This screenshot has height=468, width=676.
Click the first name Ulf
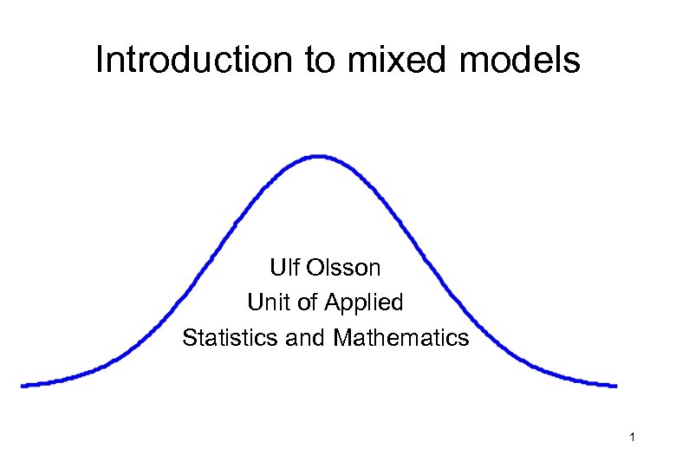[283, 267]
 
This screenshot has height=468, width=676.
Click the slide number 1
[633, 439]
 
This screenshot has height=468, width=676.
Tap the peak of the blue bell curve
[319, 157]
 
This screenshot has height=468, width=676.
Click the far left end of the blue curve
[23, 385]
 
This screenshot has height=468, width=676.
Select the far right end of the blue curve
[614, 385]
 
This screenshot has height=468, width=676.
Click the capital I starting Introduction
[100, 61]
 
